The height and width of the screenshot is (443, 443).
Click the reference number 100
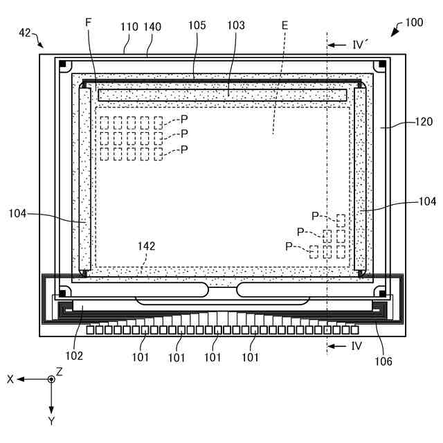coord(415,23)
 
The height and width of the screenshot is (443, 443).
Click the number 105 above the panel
coord(197,26)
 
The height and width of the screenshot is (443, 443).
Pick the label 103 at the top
coord(236,26)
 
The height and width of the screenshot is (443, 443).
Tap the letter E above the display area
coord(285,26)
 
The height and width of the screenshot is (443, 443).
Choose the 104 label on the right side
coord(427,202)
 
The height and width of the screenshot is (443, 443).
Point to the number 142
coord(147,246)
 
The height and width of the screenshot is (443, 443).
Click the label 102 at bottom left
coord(74,356)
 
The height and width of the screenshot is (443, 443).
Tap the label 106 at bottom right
coord(383,361)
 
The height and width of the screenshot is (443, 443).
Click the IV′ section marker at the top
coord(359,45)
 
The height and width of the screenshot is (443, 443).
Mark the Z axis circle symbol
coord(51,379)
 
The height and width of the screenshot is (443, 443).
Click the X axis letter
coord(11,379)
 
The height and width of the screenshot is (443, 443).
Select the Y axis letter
coord(51,420)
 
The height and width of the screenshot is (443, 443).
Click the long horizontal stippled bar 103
coord(221,94)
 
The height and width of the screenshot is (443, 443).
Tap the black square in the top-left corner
coord(62,65)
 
